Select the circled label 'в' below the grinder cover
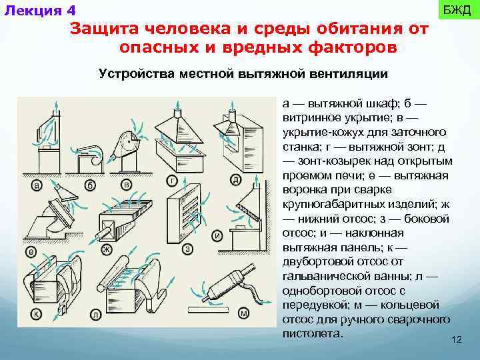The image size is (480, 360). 126,184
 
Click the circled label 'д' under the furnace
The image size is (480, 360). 236,179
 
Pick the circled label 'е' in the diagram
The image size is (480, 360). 31,251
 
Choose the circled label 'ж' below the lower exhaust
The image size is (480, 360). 105,250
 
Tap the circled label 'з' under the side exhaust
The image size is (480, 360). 189,249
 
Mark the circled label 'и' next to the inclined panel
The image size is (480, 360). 217,235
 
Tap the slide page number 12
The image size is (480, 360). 456,340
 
